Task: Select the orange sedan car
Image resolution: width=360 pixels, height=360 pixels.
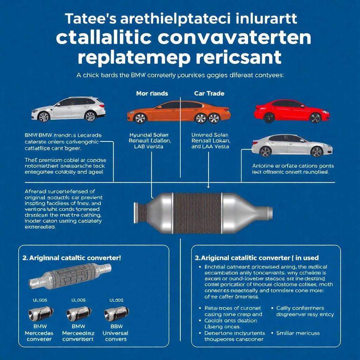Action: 179,112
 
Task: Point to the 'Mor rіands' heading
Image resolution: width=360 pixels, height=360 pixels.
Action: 152,94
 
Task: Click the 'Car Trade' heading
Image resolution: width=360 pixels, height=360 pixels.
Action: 209,94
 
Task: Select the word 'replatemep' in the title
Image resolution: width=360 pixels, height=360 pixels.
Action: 131,57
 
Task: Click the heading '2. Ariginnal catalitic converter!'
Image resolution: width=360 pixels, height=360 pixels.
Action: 72,257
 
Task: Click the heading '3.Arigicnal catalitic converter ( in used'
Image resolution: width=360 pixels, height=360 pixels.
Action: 257,258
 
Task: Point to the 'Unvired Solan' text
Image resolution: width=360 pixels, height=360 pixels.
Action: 210,135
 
